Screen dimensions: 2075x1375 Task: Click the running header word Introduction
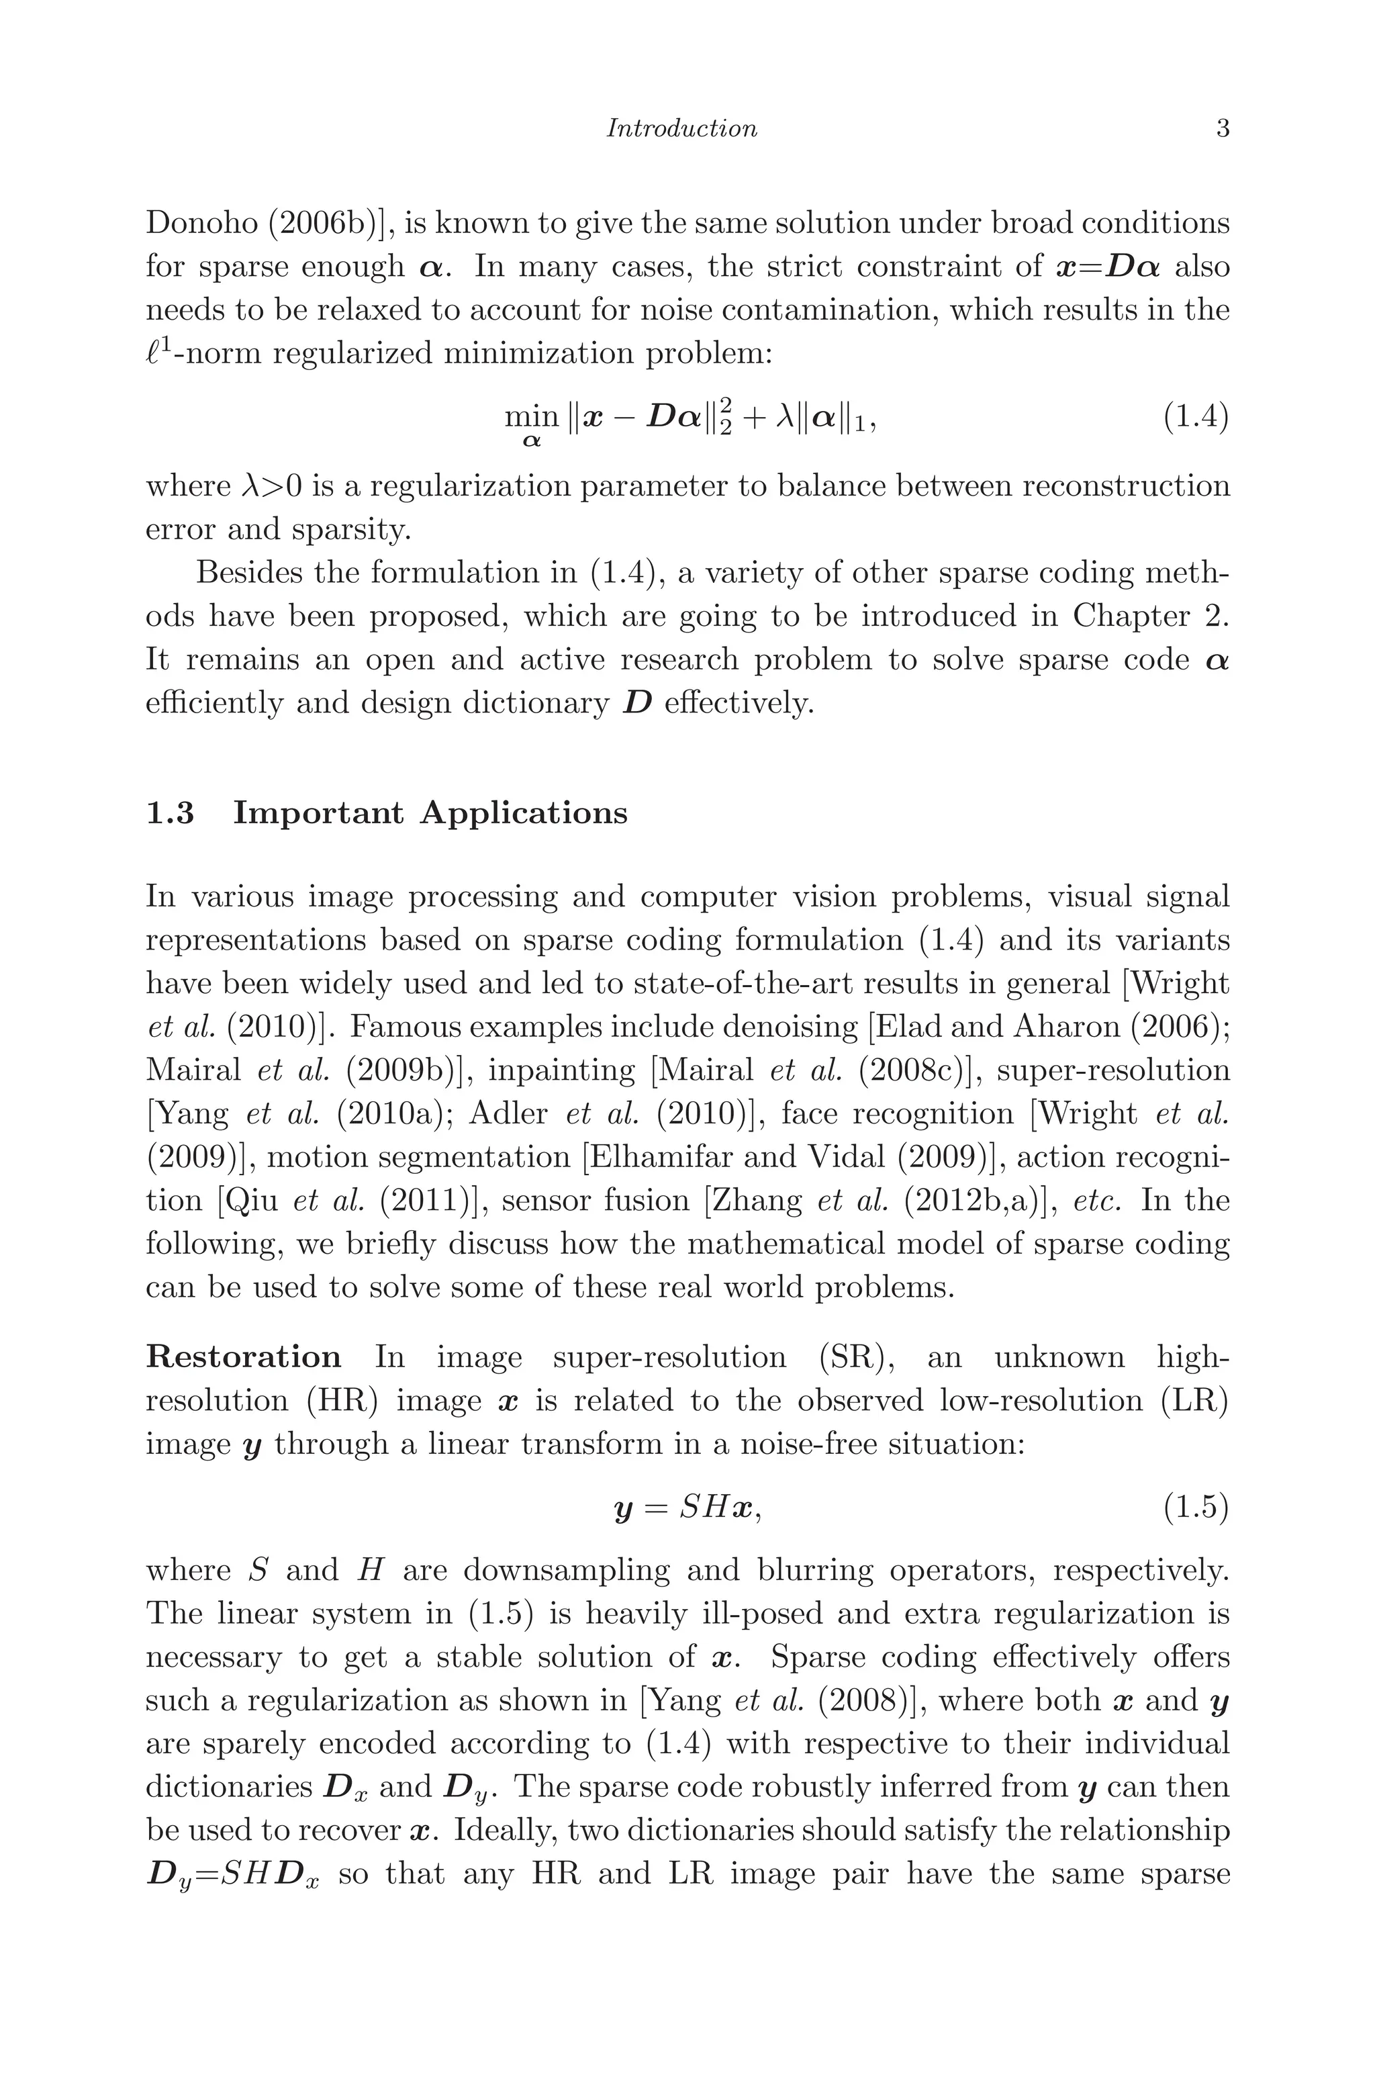click(681, 129)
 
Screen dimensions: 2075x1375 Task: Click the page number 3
click(1223, 129)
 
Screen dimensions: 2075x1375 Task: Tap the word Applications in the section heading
click(524, 813)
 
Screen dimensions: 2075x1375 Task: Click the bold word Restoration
click(243, 1356)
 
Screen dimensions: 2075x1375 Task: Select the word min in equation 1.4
click(532, 416)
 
